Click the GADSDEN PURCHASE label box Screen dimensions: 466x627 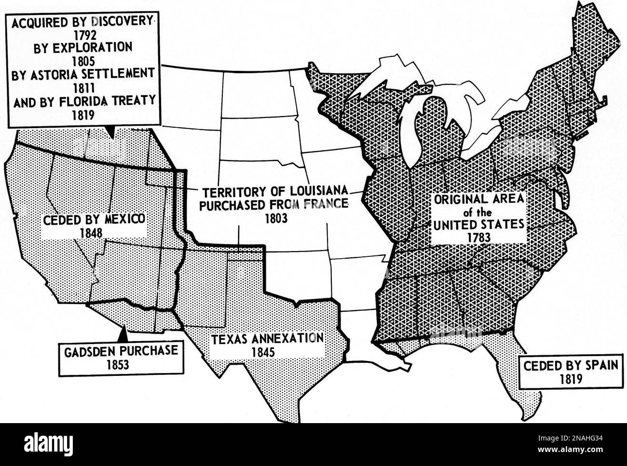tap(121, 357)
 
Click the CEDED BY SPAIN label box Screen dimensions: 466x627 tap(570, 371)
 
